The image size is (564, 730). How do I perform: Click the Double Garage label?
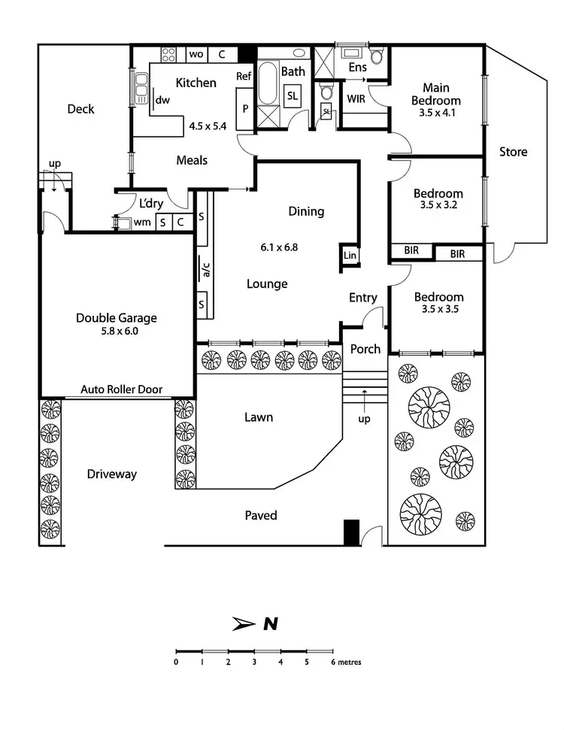click(x=116, y=318)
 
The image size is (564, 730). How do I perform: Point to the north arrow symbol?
click(x=244, y=622)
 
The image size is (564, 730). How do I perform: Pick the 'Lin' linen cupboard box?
click(x=350, y=256)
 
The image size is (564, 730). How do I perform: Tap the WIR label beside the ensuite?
click(x=356, y=98)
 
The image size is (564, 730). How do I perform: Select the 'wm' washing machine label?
click(x=142, y=222)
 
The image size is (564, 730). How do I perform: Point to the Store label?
click(x=514, y=152)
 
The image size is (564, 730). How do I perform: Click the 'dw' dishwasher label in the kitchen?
click(x=162, y=98)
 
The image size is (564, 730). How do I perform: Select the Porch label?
click(x=366, y=350)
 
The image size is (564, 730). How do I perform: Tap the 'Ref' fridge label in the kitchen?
click(x=244, y=76)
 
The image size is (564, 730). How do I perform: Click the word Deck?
click(x=80, y=109)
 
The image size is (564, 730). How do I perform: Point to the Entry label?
click(x=363, y=298)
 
